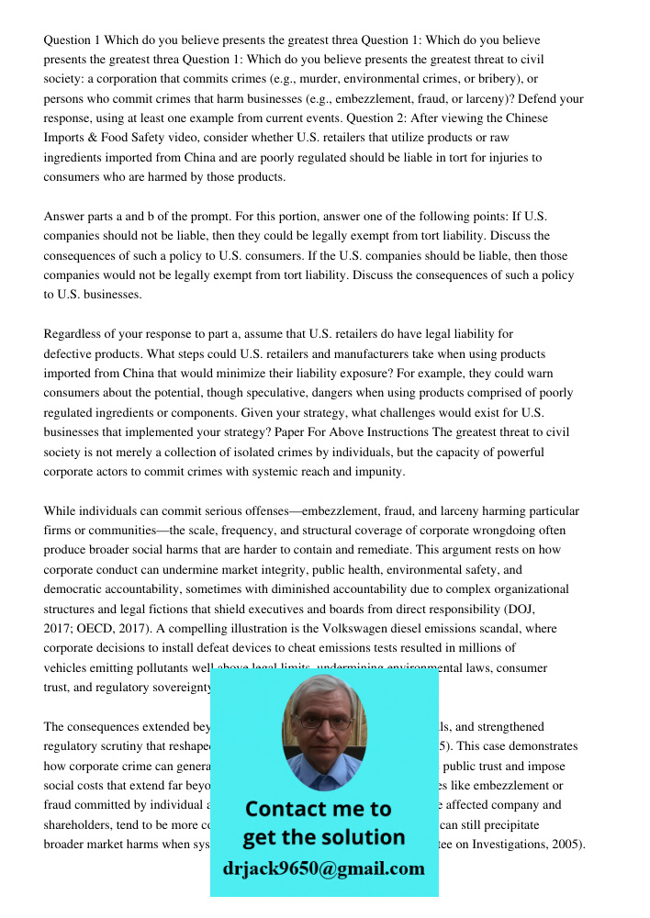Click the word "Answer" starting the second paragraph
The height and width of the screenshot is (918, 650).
tap(63, 217)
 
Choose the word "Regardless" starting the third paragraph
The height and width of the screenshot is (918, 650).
tap(74, 334)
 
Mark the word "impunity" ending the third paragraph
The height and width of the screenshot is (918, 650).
tap(378, 472)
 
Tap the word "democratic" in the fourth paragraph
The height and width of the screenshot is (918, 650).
tap(76, 589)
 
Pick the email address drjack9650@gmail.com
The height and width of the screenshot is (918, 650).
tap(323, 868)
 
